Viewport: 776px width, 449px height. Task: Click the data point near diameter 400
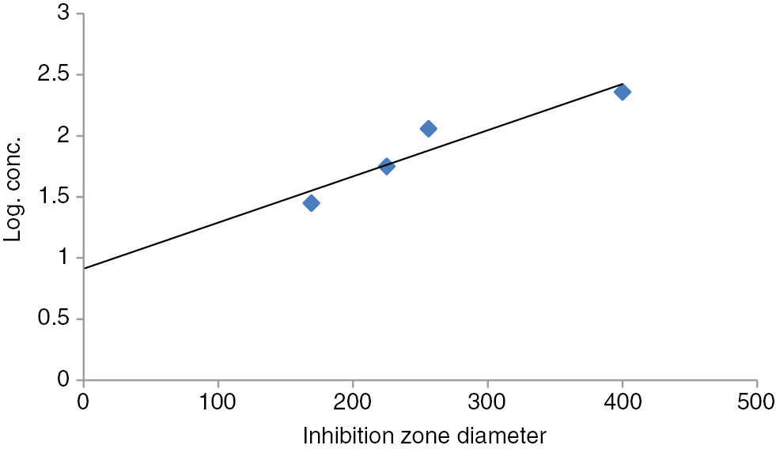coord(623,92)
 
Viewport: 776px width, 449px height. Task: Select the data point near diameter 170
coord(311,203)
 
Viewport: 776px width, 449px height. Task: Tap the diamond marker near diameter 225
coord(387,166)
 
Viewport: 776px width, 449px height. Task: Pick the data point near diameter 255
coord(428,129)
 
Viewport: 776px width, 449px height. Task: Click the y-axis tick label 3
coord(64,13)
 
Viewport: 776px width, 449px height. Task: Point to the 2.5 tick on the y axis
coord(57,75)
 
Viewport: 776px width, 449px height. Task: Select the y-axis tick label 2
coord(64,136)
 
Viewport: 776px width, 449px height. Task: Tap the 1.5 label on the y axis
coord(57,197)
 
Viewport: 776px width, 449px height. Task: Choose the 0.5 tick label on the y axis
coord(57,319)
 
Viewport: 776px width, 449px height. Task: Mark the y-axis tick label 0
coord(64,380)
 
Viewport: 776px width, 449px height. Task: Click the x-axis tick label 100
coord(218,401)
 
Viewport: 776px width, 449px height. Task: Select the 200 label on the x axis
coord(353,401)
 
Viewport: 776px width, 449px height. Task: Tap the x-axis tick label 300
coord(487,401)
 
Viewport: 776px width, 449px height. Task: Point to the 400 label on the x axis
coord(623,401)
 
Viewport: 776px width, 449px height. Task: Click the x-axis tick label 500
coord(757,401)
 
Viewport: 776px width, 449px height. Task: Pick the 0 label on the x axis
coord(83,401)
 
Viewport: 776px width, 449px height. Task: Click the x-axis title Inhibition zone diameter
coord(424,434)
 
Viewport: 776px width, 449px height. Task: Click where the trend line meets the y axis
coord(84,269)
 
